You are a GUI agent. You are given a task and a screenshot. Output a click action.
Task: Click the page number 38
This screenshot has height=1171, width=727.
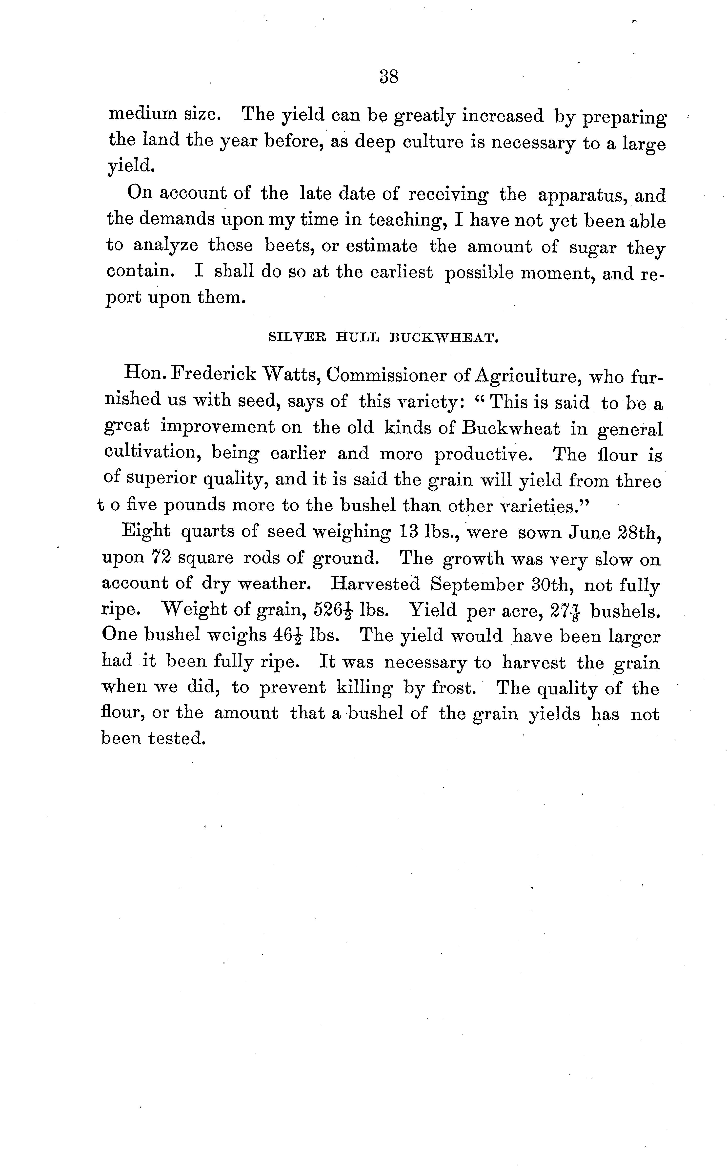(x=388, y=77)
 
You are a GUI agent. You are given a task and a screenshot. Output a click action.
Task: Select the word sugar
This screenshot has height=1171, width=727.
(x=592, y=247)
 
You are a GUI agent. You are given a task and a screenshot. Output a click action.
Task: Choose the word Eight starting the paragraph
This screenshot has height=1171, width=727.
(x=146, y=530)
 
